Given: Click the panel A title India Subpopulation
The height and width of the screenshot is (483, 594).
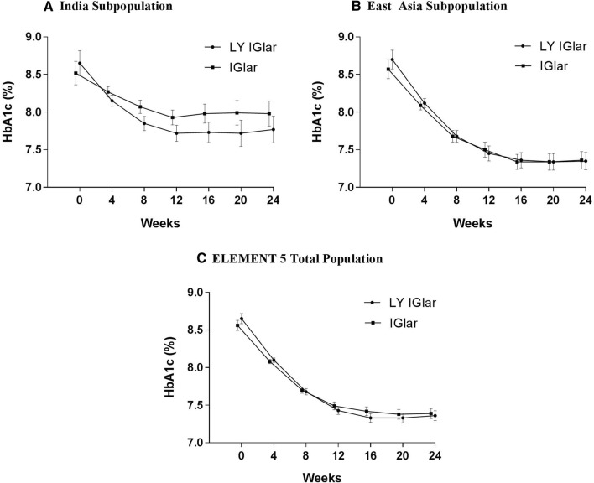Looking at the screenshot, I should (x=70, y=7).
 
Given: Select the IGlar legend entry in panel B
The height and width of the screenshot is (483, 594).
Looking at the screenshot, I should (x=541, y=65).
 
